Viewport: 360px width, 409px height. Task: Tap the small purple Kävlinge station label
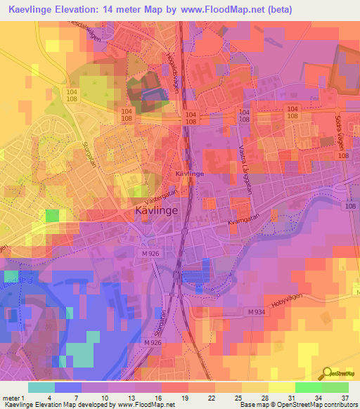pyautogui.click(x=189, y=173)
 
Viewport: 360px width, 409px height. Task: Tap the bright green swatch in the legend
pyautogui.click(x=308, y=387)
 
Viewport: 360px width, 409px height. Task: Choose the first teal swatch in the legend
pyautogui.click(x=41, y=387)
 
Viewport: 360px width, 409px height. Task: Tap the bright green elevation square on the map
pyautogui.click(x=52, y=216)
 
